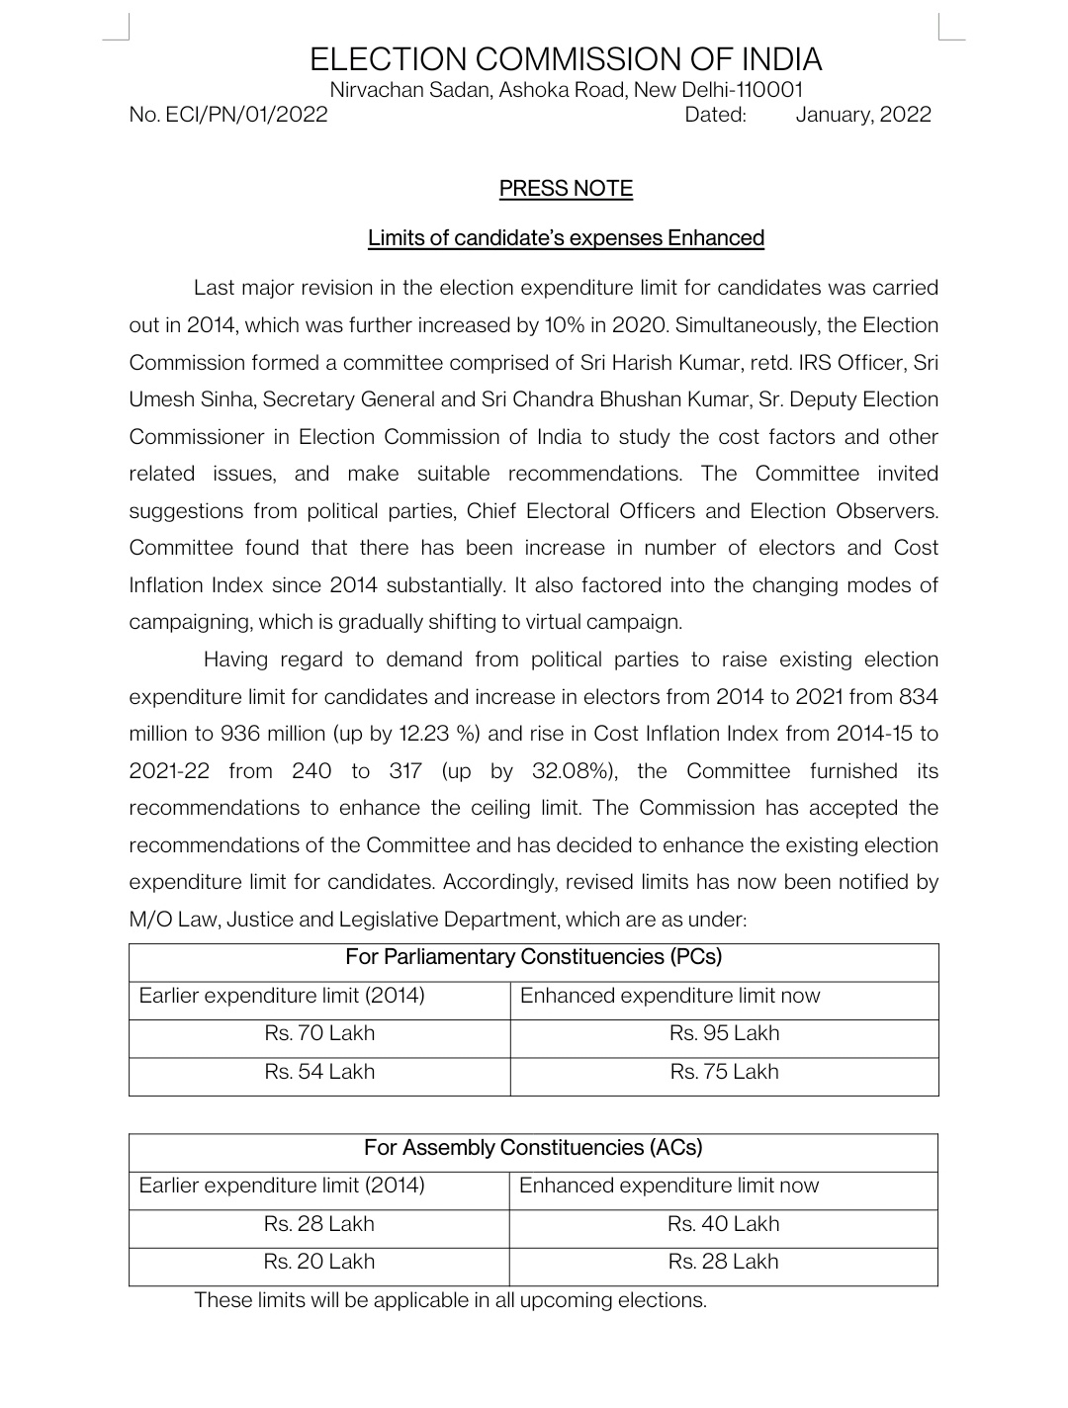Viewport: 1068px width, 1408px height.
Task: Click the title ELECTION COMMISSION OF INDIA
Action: (x=566, y=59)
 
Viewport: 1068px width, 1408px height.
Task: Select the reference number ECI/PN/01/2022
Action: (x=228, y=115)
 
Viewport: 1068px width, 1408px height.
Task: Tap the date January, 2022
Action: (x=862, y=115)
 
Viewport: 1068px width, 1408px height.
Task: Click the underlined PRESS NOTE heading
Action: (x=566, y=189)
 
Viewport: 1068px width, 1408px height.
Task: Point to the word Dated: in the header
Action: (x=715, y=115)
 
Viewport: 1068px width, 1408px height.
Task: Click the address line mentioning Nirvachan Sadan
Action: (x=566, y=90)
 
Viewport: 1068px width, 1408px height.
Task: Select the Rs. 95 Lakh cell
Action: (x=724, y=1033)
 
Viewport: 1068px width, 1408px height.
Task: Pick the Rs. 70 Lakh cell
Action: (x=319, y=1033)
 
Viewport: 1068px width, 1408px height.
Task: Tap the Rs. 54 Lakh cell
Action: (x=319, y=1072)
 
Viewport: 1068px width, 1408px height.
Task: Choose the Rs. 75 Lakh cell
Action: (x=724, y=1072)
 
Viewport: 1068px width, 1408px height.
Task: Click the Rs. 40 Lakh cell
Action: (x=723, y=1224)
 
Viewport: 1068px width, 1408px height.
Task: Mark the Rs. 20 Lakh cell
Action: (x=319, y=1262)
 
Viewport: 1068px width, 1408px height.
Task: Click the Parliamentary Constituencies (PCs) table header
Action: (x=533, y=957)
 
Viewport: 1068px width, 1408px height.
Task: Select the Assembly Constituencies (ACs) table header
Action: (x=533, y=1148)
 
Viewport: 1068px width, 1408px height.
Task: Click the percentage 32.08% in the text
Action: (x=572, y=771)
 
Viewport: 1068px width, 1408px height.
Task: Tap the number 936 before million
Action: (x=240, y=734)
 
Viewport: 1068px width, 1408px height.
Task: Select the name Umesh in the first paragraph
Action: (x=161, y=399)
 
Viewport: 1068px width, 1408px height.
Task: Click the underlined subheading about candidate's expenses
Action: (x=566, y=238)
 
